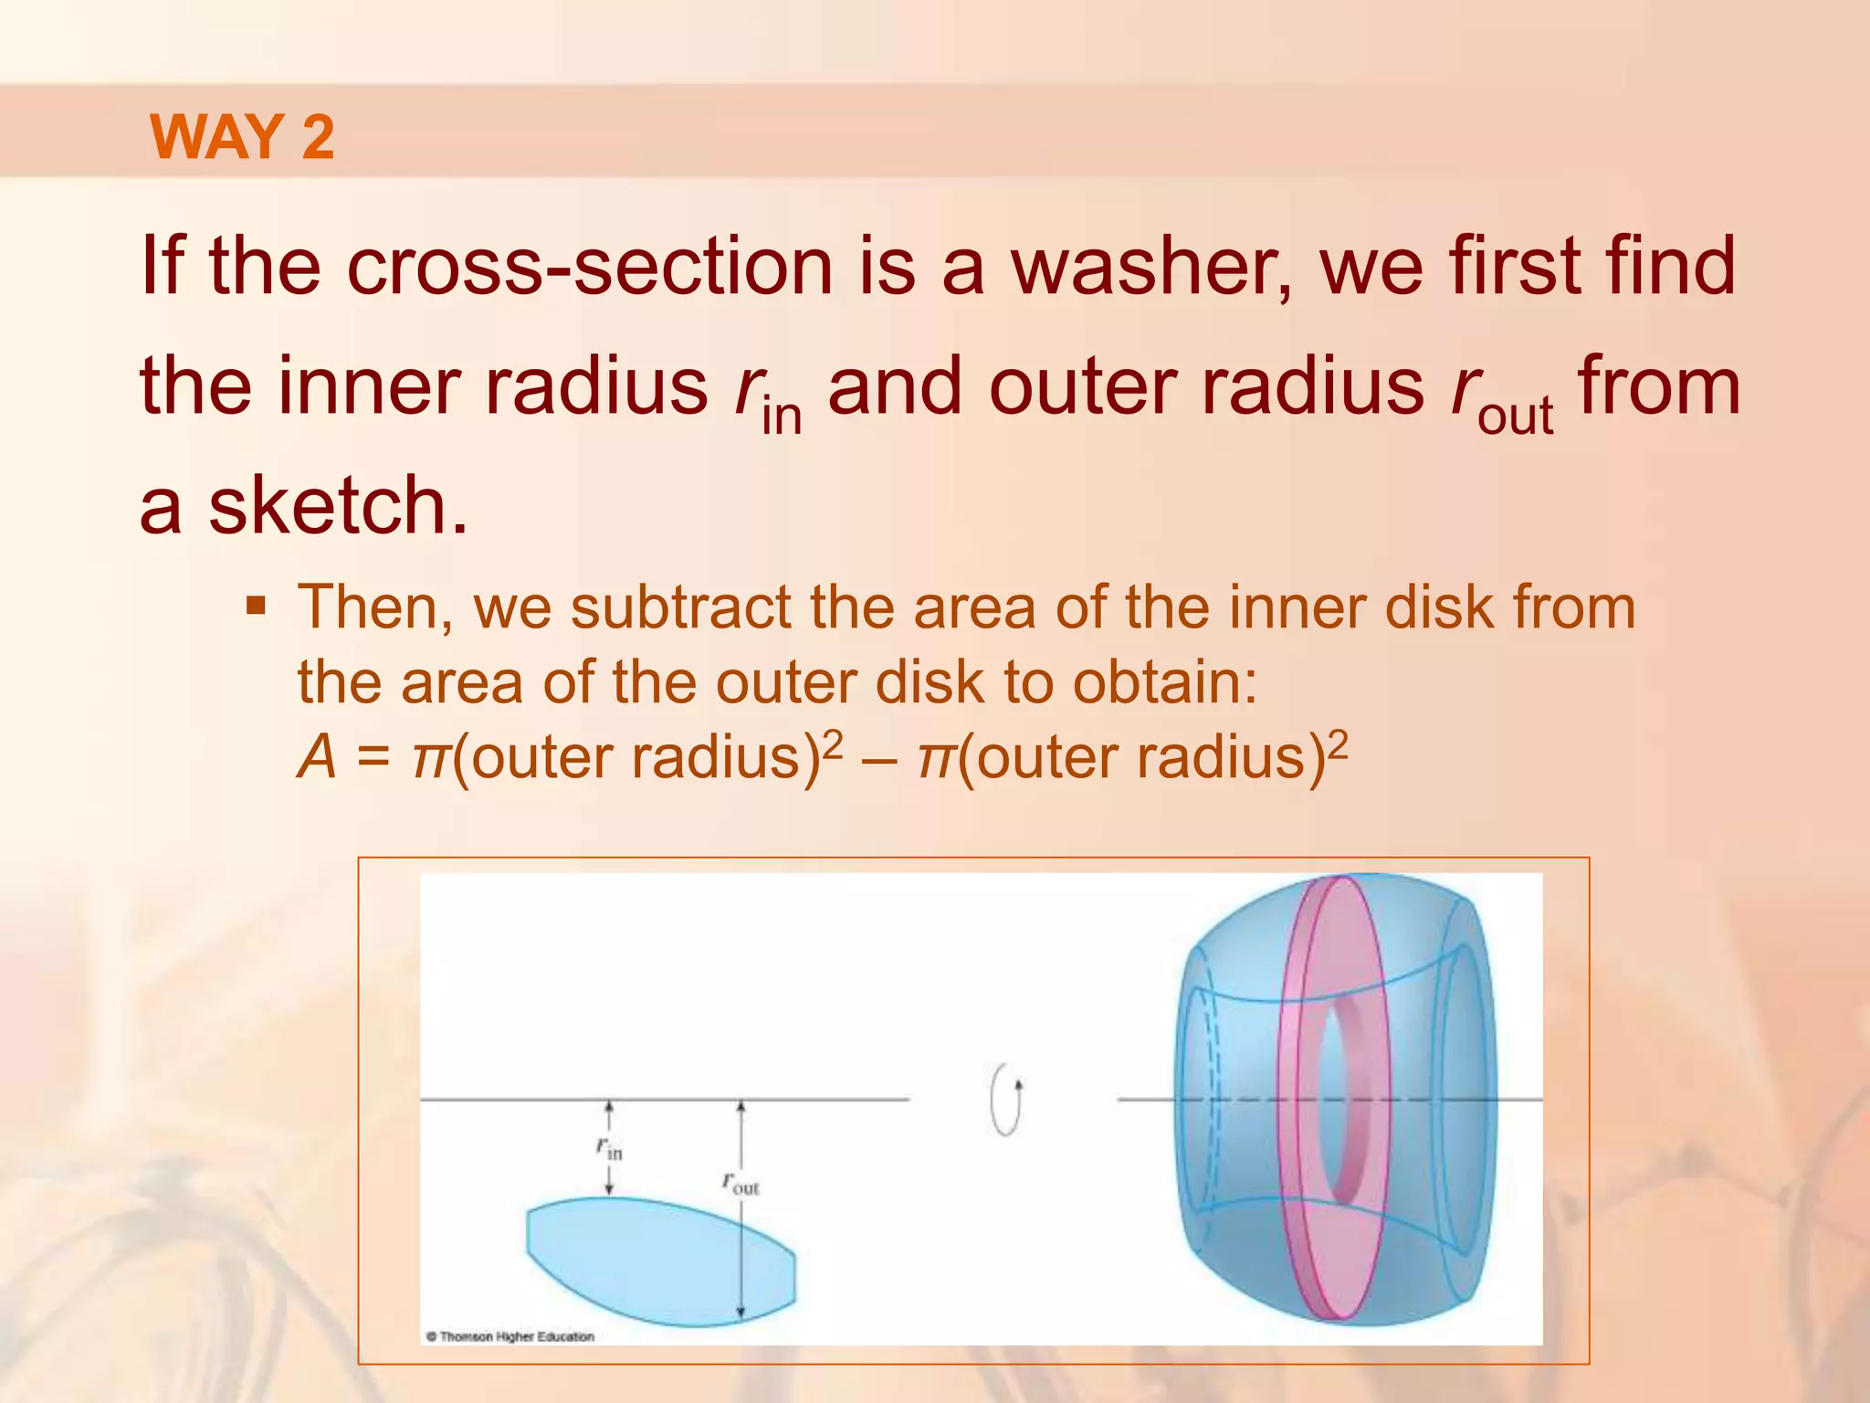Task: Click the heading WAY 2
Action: (x=242, y=137)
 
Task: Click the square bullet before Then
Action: (x=257, y=606)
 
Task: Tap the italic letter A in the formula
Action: (x=317, y=758)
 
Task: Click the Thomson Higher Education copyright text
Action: (x=510, y=1336)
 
